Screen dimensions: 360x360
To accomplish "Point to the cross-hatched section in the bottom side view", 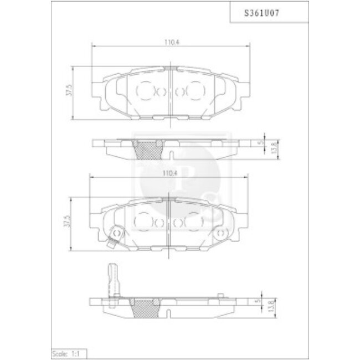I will pos(146,306).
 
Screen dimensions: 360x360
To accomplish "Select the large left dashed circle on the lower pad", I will pos(143,223).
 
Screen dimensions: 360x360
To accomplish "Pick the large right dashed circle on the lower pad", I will pos(194,223).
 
